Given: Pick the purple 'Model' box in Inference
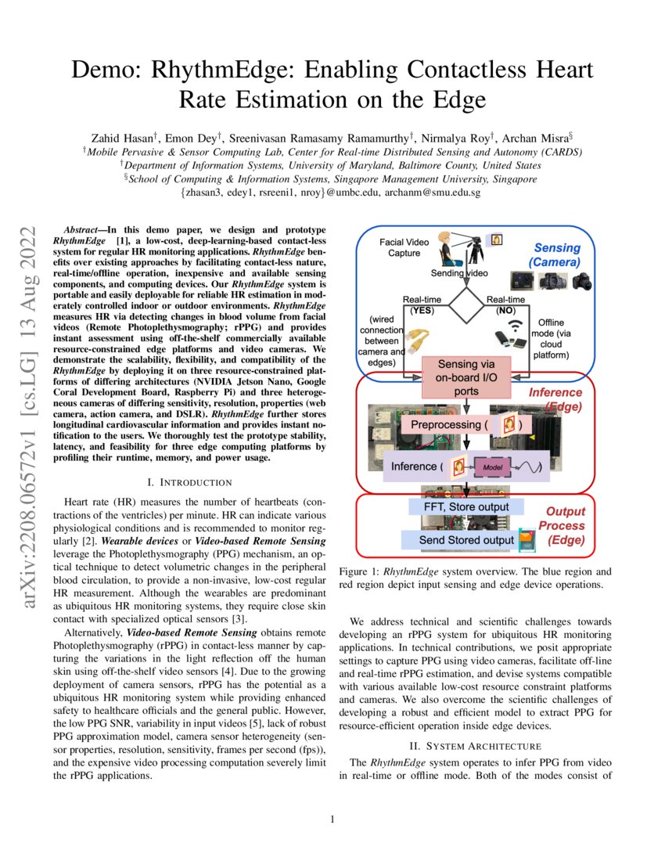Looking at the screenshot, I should point(491,467).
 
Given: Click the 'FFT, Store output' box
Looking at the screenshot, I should point(461,506).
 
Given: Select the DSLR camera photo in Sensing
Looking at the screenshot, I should point(583,281).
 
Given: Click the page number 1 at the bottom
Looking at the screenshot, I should point(332,820).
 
